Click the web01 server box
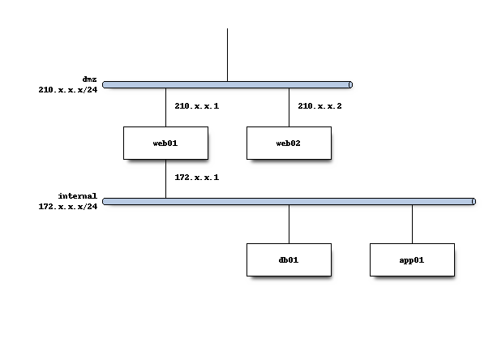165,143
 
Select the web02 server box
289,143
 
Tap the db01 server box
289,259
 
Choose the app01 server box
412,259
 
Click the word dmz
89,79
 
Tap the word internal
77,195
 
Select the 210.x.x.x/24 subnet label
67,90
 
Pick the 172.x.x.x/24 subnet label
67,207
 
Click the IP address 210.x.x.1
196,105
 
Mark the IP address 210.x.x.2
319,105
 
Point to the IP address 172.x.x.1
196,177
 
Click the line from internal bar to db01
289,224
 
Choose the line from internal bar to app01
412,224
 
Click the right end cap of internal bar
474,201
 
